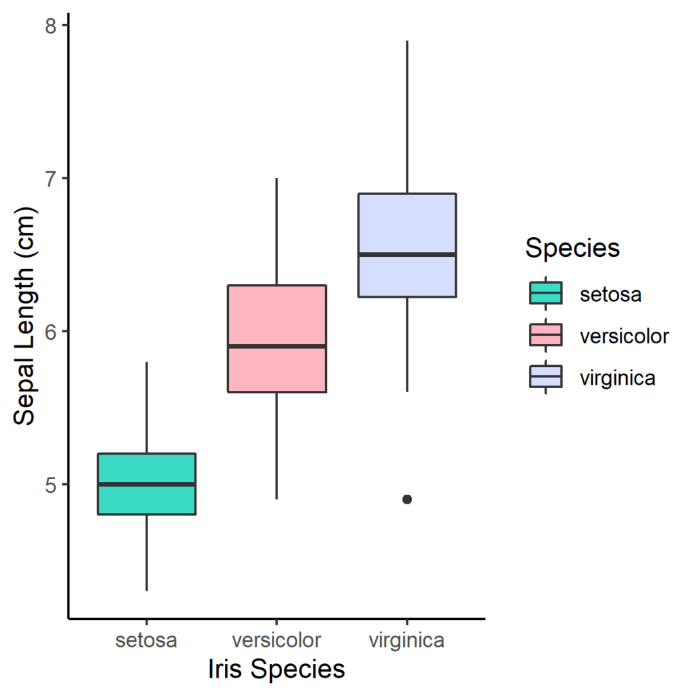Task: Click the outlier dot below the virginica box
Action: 407,499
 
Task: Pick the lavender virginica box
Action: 407,224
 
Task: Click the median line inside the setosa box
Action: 147,484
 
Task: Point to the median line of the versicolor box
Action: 277,346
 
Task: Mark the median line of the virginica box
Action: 407,254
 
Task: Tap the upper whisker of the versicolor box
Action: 277,231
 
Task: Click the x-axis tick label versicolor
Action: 277,640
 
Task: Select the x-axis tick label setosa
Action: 147,640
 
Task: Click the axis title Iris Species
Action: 277,669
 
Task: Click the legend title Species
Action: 572,248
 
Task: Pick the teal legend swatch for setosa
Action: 545,294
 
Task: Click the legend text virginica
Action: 618,378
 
